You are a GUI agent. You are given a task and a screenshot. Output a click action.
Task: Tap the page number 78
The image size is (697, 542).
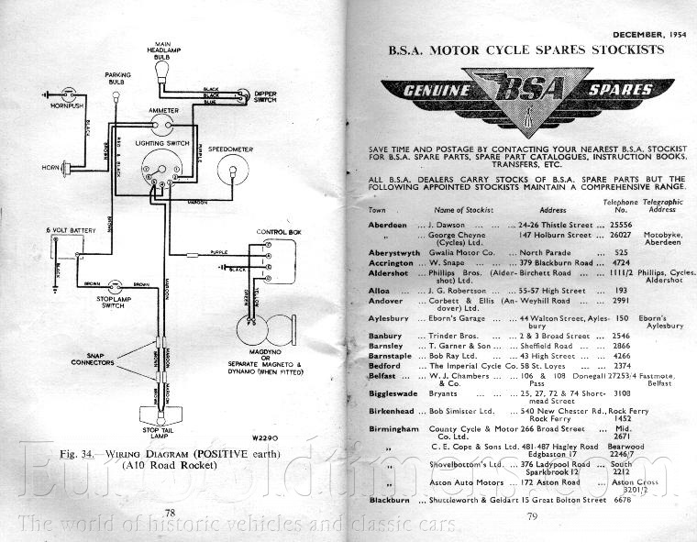[169, 512]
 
